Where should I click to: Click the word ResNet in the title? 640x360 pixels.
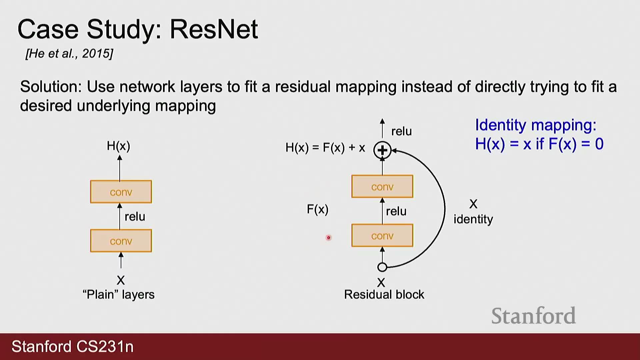pyautogui.click(x=214, y=29)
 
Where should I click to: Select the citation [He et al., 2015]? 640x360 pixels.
pyautogui.click(x=69, y=53)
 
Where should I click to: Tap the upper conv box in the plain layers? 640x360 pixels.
pyautogui.click(x=121, y=192)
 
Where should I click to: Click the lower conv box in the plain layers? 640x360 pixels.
pyautogui.click(x=121, y=241)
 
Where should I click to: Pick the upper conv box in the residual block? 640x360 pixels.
pyautogui.click(x=382, y=186)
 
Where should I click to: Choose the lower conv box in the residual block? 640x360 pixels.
pyautogui.click(x=382, y=235)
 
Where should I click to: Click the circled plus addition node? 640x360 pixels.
pyautogui.click(x=382, y=150)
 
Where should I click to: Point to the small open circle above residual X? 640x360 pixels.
pyautogui.click(x=382, y=267)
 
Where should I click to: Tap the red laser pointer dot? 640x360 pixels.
pyautogui.click(x=329, y=238)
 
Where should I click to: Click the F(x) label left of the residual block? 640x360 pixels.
pyautogui.click(x=318, y=209)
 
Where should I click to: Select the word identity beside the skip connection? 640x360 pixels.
pyautogui.click(x=473, y=219)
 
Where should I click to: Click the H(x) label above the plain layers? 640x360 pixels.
pyautogui.click(x=118, y=146)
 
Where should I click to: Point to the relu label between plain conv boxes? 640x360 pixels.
pyautogui.click(x=135, y=217)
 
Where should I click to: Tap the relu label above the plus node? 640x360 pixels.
pyautogui.click(x=402, y=131)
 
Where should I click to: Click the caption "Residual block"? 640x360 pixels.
pyautogui.click(x=384, y=294)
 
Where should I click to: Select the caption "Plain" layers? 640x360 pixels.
pyautogui.click(x=119, y=294)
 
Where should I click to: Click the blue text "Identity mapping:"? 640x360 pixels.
pyautogui.click(x=536, y=125)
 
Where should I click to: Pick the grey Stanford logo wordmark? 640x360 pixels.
pyautogui.click(x=534, y=315)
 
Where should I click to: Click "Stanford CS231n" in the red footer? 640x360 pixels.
pyautogui.click(x=73, y=347)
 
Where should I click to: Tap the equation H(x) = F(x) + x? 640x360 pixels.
pyautogui.click(x=325, y=148)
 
